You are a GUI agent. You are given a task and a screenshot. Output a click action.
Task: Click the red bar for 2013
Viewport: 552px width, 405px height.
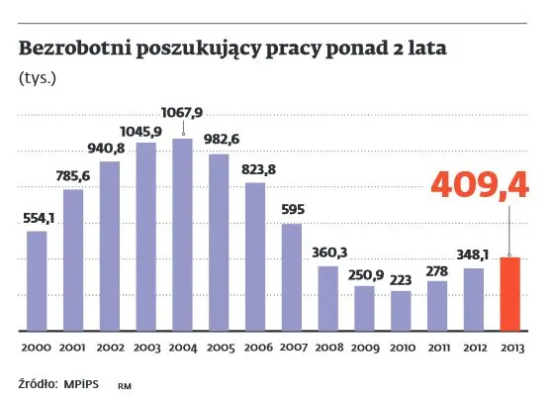510,293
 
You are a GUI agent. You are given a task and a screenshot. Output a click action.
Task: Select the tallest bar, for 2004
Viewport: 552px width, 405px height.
182,234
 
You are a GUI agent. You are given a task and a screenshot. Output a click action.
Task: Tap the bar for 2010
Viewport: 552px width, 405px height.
401,310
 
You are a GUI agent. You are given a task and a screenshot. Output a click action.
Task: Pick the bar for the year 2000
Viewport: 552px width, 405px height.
37,280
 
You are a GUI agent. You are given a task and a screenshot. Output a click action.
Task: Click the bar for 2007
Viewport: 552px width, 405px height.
291,276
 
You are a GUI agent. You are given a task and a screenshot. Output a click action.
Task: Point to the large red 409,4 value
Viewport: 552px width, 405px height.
481,184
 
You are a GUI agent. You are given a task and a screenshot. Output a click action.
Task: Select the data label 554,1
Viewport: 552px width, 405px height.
37,218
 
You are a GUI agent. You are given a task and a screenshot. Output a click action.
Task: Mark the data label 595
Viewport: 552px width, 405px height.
291,211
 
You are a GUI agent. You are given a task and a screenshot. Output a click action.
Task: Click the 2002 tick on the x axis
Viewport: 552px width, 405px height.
110,347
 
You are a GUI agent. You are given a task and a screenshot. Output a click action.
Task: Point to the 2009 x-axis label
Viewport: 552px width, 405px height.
364,347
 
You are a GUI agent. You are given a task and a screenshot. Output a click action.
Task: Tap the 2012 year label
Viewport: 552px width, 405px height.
474,347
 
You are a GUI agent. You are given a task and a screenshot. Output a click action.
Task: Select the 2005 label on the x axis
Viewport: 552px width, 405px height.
219,347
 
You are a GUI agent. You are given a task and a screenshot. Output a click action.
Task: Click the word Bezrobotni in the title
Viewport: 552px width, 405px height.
66,47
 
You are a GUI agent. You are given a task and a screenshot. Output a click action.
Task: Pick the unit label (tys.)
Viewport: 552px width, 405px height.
37,76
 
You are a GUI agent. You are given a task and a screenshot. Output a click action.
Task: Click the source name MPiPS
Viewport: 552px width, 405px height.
84,382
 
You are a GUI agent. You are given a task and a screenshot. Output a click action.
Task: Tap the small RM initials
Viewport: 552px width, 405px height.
125,384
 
